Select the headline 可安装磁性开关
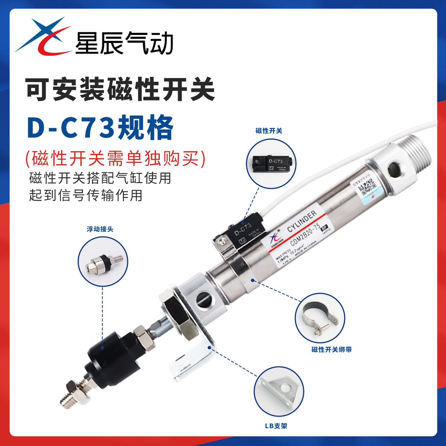click(120, 89)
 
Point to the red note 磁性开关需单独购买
click(116, 158)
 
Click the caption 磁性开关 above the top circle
click(269, 131)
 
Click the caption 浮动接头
click(100, 229)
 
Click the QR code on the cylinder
click(367, 185)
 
